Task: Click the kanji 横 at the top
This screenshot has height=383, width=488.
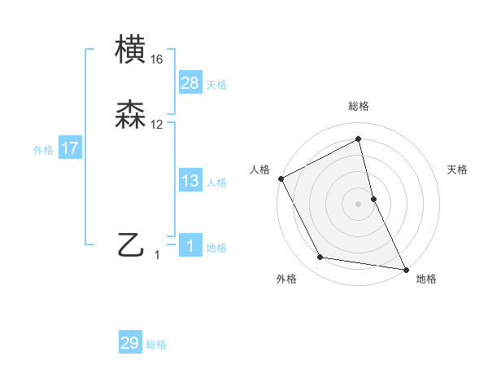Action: [132, 51]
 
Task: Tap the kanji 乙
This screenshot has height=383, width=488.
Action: [132, 244]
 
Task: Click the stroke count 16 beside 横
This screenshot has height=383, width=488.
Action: [157, 59]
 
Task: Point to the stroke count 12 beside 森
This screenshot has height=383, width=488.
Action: [157, 125]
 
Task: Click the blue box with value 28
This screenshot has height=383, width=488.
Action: [190, 83]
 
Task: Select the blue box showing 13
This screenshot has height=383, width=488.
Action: [190, 181]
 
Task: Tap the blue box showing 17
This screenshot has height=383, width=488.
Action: [70, 149]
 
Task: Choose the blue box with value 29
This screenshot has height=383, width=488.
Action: [130, 343]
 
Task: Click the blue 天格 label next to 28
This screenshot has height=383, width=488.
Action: [216, 84]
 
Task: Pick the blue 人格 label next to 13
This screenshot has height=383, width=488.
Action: [216, 182]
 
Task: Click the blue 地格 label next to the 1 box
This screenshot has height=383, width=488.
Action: [216, 248]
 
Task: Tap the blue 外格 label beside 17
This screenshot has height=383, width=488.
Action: [43, 150]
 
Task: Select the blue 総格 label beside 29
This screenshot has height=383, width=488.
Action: [156, 345]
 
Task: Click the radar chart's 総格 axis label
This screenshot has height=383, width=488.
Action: [359, 106]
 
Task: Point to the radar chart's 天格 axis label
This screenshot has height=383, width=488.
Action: [458, 169]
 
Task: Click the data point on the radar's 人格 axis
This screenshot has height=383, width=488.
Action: [281, 178]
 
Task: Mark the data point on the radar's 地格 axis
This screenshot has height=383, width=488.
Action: [406, 269]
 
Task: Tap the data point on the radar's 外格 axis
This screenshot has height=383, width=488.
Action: [320, 258]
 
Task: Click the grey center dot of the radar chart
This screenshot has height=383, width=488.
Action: [359, 203]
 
